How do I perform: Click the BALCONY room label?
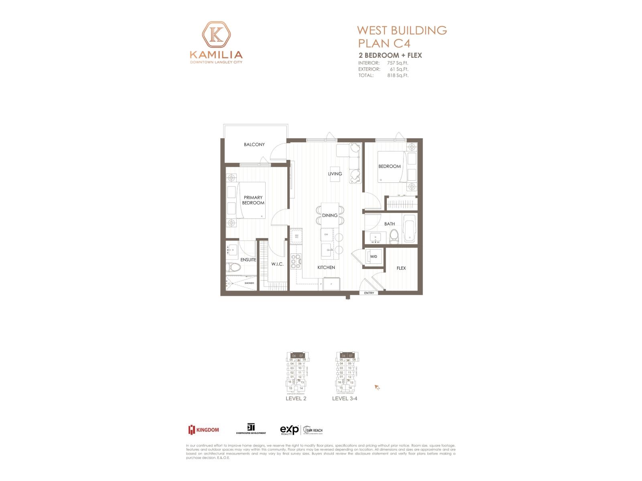coord(254,144)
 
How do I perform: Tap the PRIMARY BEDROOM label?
coord(253,200)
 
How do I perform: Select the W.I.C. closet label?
coord(277,264)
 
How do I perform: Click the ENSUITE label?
coord(248,260)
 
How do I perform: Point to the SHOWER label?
coord(249,283)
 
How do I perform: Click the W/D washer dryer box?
coord(374,257)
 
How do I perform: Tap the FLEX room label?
coord(401,268)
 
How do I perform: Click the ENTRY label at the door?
coord(369,293)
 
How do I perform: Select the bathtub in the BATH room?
coord(409,228)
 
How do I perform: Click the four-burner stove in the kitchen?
coord(296,261)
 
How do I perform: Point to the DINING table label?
coord(330,215)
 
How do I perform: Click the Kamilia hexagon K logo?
coord(216,35)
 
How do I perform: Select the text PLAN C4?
coord(384,43)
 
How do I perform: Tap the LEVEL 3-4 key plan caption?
coord(344,398)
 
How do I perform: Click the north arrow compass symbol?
coord(377,387)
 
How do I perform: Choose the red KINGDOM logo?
coord(204,430)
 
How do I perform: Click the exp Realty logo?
coord(289,430)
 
